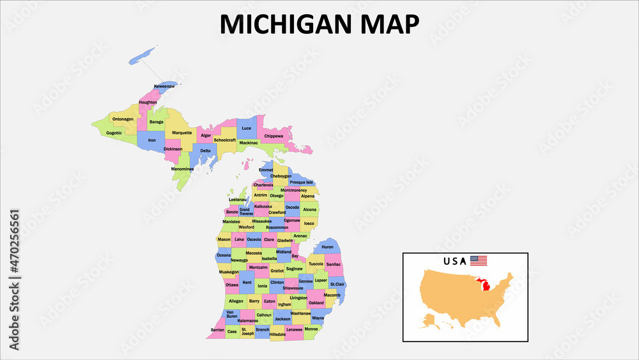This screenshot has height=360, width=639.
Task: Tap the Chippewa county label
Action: pos(273,136)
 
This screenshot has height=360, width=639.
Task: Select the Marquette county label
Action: pos(182,133)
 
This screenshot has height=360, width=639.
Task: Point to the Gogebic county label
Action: pos(114,133)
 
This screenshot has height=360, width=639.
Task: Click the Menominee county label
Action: pos(182,169)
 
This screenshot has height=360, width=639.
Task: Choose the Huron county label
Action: pos(328,247)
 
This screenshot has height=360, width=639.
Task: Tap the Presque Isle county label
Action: pos(302,182)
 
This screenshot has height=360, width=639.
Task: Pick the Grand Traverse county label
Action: pos(246,211)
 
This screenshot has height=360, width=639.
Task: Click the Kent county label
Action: pos(247,283)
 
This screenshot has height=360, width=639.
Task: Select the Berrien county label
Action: pos(217,330)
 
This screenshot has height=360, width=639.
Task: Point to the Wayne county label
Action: pos(318,318)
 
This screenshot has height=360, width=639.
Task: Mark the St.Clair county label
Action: pos(337,284)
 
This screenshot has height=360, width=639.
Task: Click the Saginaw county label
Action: pos(294,269)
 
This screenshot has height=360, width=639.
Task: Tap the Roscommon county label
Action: pos(277,227)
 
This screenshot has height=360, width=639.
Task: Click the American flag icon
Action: pos(479,261)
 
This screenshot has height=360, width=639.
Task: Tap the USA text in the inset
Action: pos(454,261)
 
